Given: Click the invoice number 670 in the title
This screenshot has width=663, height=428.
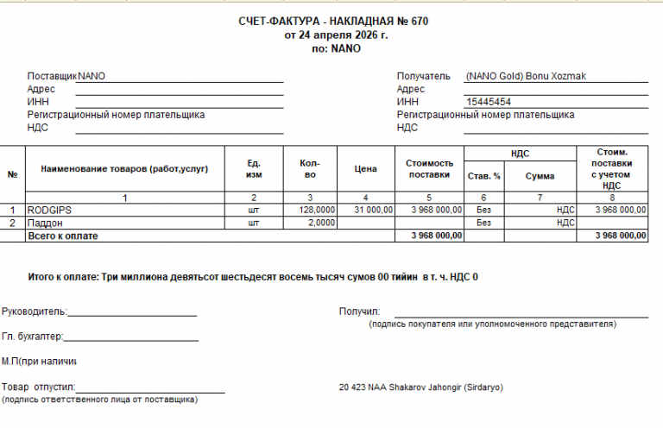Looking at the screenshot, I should (x=420, y=21).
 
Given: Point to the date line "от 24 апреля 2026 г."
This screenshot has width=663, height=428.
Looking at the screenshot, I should (x=336, y=35).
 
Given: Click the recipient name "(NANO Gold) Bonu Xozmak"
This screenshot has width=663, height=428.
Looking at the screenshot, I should (x=525, y=76).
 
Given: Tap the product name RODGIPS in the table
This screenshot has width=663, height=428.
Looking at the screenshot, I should (x=50, y=210).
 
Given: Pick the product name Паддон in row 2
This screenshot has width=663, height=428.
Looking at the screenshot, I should (x=45, y=223).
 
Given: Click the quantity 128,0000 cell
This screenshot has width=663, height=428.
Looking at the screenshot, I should (x=317, y=210).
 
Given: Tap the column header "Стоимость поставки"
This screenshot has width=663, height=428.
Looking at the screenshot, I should (x=429, y=168).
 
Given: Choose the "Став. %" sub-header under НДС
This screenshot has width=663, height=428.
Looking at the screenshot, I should (x=483, y=175).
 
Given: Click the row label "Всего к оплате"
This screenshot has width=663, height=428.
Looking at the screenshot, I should (x=63, y=236).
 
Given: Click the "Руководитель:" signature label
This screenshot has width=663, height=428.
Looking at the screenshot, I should (x=34, y=311).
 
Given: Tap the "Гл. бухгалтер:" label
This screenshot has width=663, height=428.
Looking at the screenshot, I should (x=33, y=337).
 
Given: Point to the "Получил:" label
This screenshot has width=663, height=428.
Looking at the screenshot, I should (x=360, y=311).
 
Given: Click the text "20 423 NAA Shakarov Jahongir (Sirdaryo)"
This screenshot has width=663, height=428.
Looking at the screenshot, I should (x=421, y=387).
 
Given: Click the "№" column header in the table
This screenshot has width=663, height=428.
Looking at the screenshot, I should (x=12, y=174).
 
